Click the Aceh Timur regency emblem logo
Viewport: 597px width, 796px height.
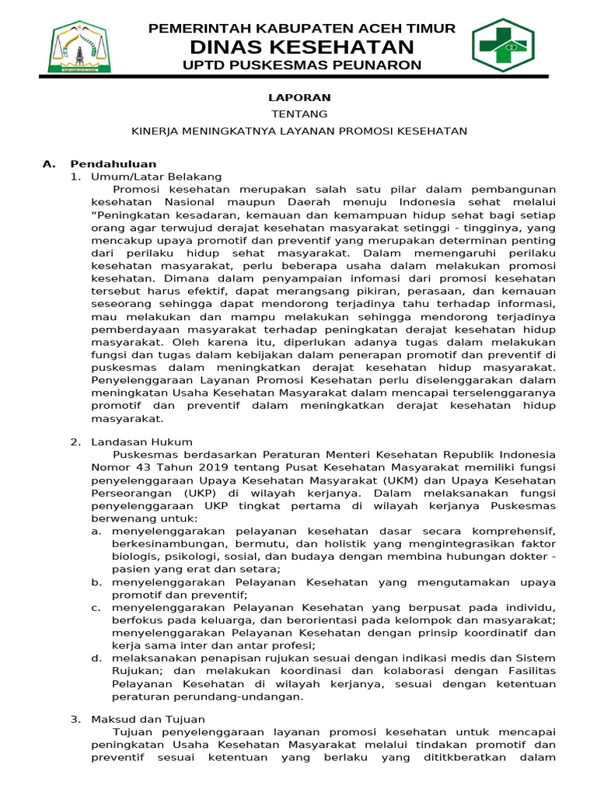(80, 46)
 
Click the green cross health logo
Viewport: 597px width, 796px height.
(503, 45)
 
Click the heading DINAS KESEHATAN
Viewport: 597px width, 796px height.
(302, 47)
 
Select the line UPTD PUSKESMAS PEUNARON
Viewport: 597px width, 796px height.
(302, 65)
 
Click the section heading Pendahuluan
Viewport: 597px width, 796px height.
(113, 164)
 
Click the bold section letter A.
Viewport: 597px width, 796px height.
(49, 164)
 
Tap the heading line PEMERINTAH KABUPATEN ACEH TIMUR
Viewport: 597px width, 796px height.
(302, 29)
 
